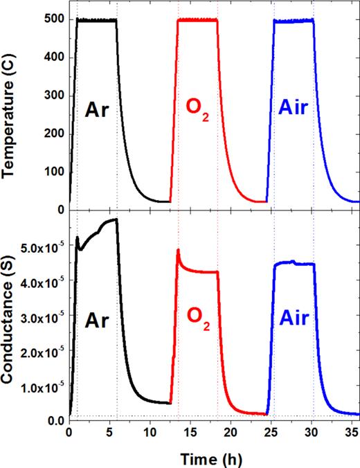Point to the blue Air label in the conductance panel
point(293,320)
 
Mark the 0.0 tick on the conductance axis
point(56,420)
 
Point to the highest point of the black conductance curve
point(116,219)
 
